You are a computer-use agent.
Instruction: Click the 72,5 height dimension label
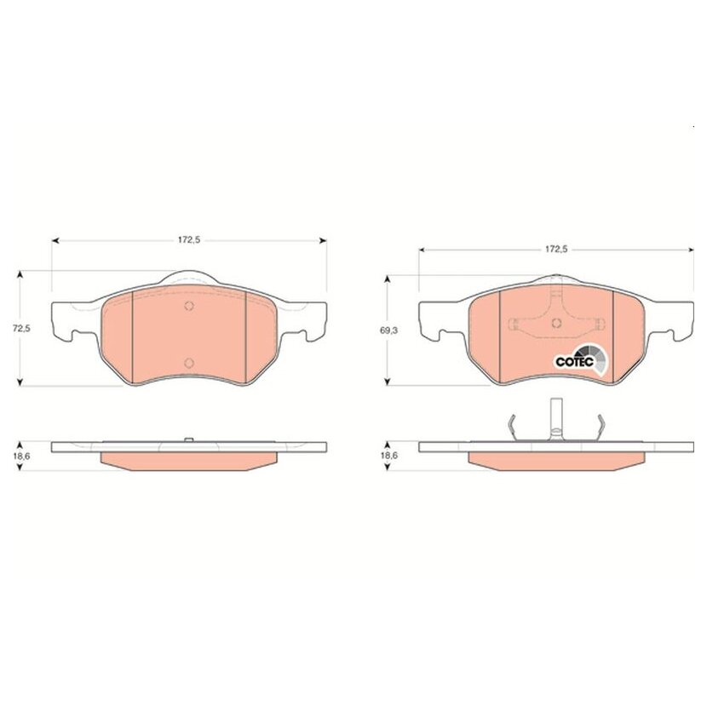coord(20,328)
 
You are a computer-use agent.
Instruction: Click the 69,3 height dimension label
coord(388,331)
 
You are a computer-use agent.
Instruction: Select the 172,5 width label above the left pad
coord(188,240)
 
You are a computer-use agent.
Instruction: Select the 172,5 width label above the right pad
coord(556,249)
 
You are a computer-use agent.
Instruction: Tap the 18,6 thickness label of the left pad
coord(20,456)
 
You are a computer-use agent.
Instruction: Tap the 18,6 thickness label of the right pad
coord(388,456)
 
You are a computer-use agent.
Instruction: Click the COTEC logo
coord(580,359)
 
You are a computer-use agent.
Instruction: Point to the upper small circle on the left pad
coord(189,306)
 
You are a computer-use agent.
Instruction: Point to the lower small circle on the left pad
coord(189,363)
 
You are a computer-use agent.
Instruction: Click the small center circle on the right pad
coord(557,323)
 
